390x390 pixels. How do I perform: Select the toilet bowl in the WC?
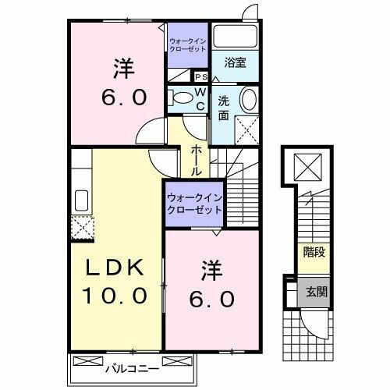[x=181, y=97]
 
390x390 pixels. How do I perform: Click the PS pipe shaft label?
[x=200, y=76]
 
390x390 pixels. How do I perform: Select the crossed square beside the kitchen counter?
[x=80, y=227]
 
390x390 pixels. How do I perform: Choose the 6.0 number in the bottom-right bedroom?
[x=212, y=299]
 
